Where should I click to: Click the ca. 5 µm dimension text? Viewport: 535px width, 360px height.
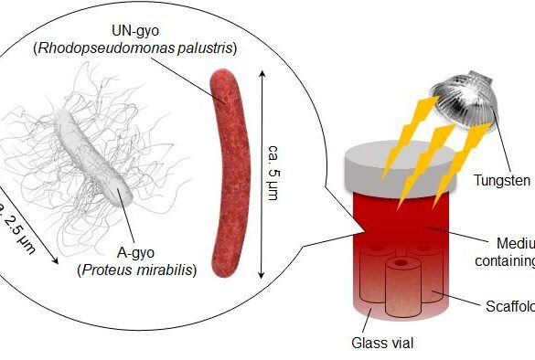(273, 174)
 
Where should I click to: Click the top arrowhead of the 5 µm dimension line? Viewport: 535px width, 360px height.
(263, 75)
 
